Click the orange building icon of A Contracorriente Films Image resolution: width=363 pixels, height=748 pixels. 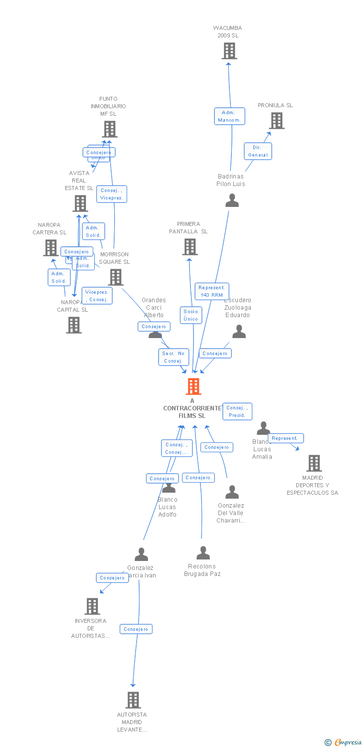tap(193, 386)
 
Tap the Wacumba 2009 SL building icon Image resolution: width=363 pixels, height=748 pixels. tap(229, 51)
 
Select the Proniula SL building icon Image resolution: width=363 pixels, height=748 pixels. tap(277, 121)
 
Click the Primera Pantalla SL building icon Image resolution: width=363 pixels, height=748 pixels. tap(190, 247)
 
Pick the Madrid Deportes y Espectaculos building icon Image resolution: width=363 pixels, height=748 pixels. tap(314, 463)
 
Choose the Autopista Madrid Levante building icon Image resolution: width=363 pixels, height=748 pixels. tap(133, 700)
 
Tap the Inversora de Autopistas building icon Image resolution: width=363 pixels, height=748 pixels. tap(92, 606)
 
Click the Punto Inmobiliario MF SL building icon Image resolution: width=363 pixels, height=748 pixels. tap(110, 129)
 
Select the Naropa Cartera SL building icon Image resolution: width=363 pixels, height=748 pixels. tap(51, 248)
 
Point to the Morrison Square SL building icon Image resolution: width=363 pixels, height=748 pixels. tap(116, 277)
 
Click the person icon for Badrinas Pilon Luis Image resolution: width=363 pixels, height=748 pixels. tap(232, 200)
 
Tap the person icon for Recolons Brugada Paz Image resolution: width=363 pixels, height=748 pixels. tap(203, 553)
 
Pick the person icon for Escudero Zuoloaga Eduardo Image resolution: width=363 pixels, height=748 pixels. tap(239, 332)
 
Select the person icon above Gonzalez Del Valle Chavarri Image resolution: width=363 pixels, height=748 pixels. tap(232, 492)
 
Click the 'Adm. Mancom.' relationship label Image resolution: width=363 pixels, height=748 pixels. tap(230, 116)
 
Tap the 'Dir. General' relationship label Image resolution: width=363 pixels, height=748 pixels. tap(258, 151)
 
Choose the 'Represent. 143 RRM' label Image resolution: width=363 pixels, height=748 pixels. tap(211, 291)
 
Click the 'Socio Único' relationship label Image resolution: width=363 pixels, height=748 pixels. tap(191, 315)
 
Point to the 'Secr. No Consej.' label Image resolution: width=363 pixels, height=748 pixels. tap(174, 357)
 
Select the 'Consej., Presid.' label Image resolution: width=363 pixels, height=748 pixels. tap(237, 411)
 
